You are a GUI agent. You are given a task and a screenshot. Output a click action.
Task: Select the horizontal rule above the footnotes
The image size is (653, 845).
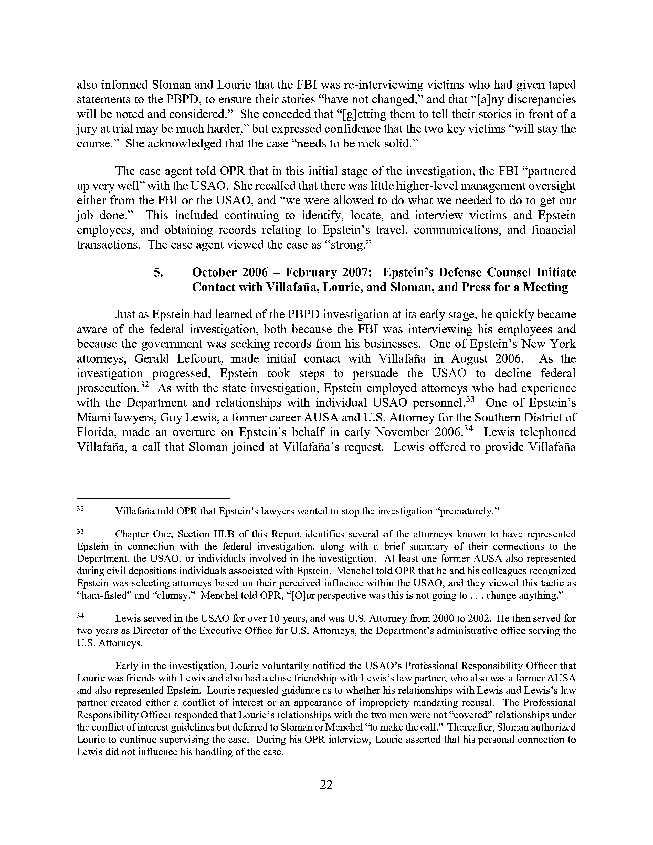(154, 499)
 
